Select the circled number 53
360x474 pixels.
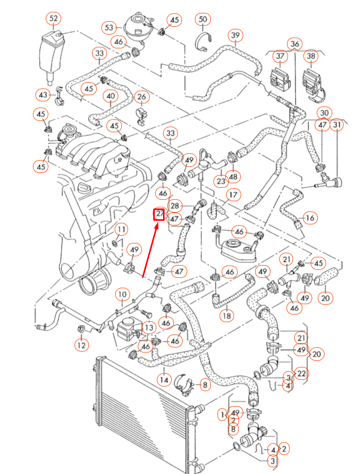pyautogui.click(x=109, y=27)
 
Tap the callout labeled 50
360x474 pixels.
pyautogui.click(x=203, y=20)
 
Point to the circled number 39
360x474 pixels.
pyautogui.click(x=236, y=35)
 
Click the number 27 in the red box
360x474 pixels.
pyautogui.click(x=159, y=214)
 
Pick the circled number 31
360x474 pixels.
pyautogui.click(x=337, y=126)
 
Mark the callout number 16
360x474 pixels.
pyautogui.click(x=310, y=218)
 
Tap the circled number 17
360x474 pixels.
pyautogui.click(x=233, y=195)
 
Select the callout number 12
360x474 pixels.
pyautogui.click(x=82, y=344)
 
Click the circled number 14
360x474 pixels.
pyautogui.click(x=164, y=380)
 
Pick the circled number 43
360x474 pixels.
pyautogui.click(x=43, y=95)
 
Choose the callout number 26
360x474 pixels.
pyautogui.click(x=141, y=97)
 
